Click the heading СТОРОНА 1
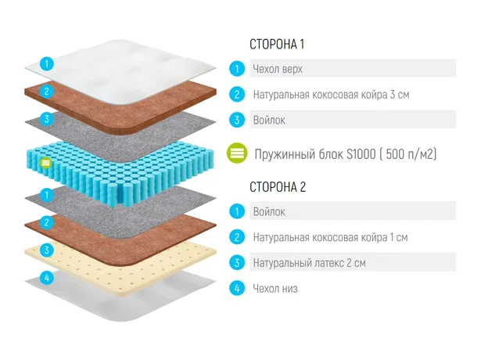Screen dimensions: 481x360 [x=277, y=44]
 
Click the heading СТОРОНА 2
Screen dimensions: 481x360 [x=278, y=187]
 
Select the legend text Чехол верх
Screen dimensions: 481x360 [x=278, y=69]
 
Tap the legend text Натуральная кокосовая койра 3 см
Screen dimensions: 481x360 [x=331, y=95]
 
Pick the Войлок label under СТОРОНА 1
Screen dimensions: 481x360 [x=269, y=120]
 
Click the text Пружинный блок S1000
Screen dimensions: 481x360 [x=315, y=153]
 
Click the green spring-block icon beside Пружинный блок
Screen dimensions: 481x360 [x=237, y=153]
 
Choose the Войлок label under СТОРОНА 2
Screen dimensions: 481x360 [x=269, y=212]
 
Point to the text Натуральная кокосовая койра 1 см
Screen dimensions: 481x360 [x=330, y=237]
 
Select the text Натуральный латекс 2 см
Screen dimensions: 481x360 [x=309, y=263]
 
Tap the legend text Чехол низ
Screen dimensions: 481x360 [x=275, y=289]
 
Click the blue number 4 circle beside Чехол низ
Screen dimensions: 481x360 [x=237, y=289]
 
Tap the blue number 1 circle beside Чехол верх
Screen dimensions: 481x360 [x=237, y=69]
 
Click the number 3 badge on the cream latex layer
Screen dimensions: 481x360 [x=47, y=250]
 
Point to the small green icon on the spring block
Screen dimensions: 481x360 [x=46, y=163]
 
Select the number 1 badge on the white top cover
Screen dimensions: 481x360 [x=47, y=64]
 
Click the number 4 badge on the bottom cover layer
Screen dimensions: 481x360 [x=47, y=278]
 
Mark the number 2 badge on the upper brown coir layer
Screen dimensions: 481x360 [x=47, y=91]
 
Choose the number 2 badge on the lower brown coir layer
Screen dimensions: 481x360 [x=47, y=222]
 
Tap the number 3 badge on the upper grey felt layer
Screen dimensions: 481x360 [x=47, y=119]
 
